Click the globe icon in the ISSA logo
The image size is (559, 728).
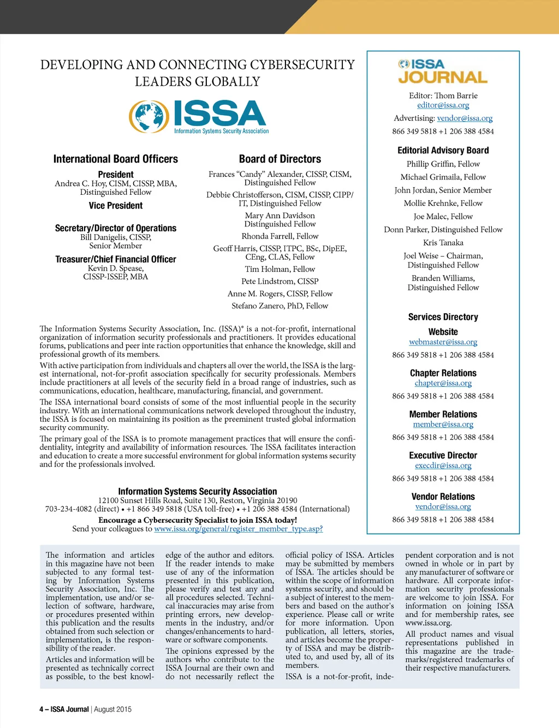[x=149, y=116]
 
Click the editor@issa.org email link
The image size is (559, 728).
[x=443, y=105]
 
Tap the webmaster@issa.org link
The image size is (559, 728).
[x=443, y=342]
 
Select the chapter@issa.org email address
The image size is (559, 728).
[x=443, y=383]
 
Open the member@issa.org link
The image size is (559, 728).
[x=443, y=424]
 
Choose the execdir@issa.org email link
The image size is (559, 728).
[x=443, y=466]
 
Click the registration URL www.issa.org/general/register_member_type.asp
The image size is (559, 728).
[x=239, y=529]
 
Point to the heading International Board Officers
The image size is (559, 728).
[x=116, y=159]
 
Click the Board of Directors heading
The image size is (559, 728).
[x=280, y=159]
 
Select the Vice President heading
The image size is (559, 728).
[x=116, y=206]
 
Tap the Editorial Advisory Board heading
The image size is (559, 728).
[x=443, y=150]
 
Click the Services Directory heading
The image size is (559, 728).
[x=443, y=317]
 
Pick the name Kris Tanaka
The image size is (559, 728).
[x=443, y=243]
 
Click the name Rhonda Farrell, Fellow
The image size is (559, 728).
[x=280, y=236]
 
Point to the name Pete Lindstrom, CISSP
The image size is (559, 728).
[x=280, y=282]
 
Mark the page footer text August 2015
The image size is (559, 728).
[x=113, y=709]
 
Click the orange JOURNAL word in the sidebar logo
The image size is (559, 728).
[x=443, y=77]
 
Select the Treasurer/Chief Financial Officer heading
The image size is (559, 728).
[x=116, y=259]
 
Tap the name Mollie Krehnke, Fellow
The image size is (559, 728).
[x=443, y=203]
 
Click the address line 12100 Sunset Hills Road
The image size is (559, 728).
[x=198, y=500]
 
